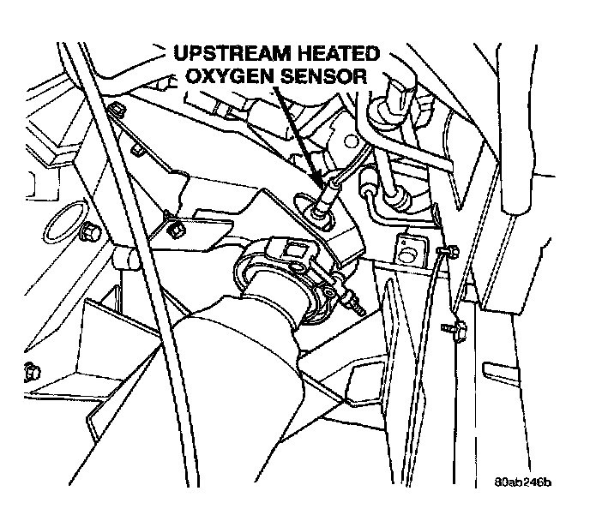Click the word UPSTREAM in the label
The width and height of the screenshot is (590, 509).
(x=232, y=54)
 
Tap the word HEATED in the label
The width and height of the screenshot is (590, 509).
(x=339, y=54)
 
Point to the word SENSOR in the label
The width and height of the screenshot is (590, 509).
(x=324, y=76)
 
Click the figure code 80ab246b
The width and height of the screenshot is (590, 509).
(x=522, y=482)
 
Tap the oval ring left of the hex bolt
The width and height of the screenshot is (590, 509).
(x=62, y=223)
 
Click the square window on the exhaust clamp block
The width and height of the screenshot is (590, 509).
(x=292, y=249)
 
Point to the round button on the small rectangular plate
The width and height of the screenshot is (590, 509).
(x=407, y=256)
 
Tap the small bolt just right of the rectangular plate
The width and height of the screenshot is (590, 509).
(x=449, y=251)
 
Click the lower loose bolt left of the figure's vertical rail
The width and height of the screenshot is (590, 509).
(x=455, y=328)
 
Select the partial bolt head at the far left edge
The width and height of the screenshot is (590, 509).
(x=32, y=372)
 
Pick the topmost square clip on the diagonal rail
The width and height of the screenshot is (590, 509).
(x=117, y=111)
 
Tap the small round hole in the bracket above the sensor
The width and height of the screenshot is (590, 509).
(x=351, y=142)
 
